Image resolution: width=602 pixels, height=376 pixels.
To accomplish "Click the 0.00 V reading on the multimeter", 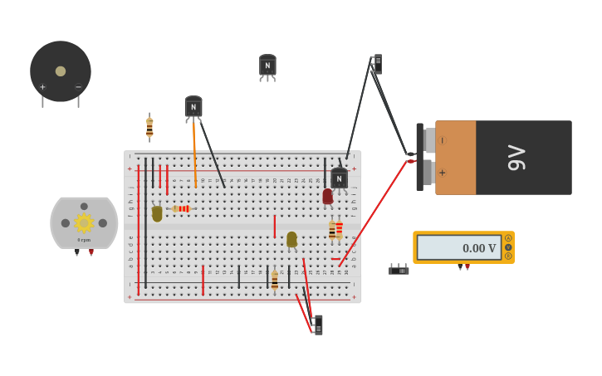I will (478, 248).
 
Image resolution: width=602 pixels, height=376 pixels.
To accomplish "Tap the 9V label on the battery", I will (516, 158).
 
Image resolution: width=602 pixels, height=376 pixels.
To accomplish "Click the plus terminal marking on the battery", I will (442, 173).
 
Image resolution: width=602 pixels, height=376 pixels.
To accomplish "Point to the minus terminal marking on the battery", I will (442, 140).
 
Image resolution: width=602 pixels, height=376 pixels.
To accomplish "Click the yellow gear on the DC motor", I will (84, 222).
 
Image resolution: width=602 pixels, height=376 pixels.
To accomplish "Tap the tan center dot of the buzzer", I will (61, 71).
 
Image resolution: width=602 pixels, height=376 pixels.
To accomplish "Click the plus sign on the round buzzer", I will (42, 87).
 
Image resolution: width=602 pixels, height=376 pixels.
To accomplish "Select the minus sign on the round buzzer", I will (79, 87).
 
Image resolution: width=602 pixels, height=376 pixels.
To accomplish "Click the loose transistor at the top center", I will (267, 66).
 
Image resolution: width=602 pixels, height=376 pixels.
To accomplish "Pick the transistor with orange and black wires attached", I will (193, 107).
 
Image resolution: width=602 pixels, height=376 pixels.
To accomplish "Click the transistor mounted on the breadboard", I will (339, 178).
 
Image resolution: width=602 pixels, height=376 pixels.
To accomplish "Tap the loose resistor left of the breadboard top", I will (149, 128).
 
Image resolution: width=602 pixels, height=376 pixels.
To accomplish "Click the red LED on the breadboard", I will (327, 197).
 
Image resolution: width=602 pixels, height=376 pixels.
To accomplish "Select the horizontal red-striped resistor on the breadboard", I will (182, 208).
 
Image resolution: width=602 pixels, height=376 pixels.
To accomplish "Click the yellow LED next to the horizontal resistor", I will (157, 212).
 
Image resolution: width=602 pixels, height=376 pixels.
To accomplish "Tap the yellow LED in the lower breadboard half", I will (291, 240).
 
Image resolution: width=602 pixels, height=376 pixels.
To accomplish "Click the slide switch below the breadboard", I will (317, 325).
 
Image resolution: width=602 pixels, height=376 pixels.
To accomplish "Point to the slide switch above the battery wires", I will (377, 64).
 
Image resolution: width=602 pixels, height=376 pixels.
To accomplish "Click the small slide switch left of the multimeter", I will (399, 270).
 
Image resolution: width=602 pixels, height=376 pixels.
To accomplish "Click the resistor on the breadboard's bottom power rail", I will (275, 281).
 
